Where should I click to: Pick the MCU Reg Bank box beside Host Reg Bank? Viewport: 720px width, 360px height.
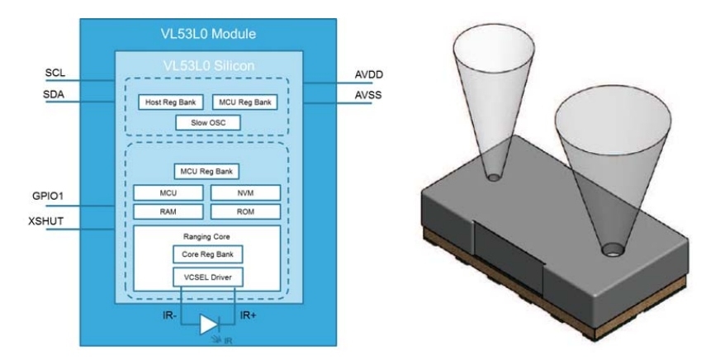(244, 103)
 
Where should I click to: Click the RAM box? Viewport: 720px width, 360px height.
(168, 211)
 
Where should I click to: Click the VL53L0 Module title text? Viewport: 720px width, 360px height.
(207, 35)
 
